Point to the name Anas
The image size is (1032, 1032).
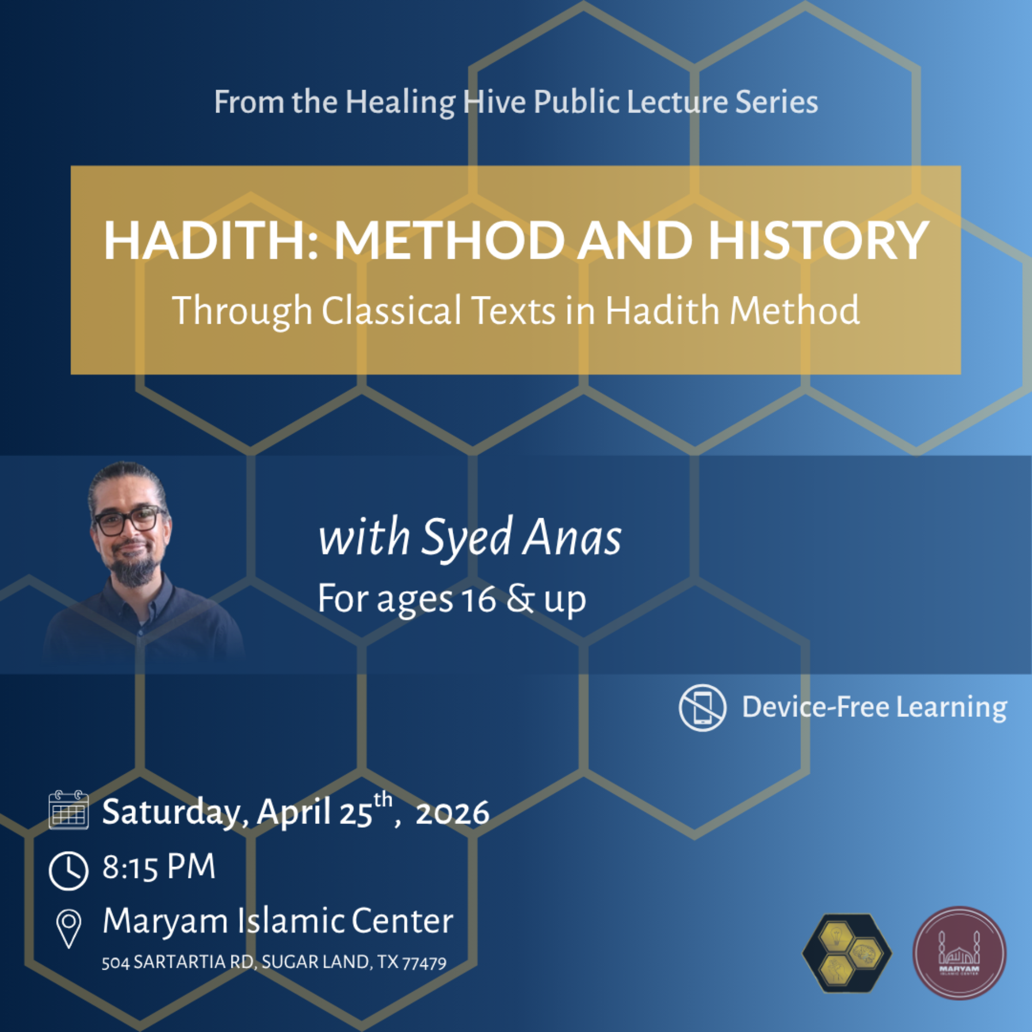[x=572, y=537]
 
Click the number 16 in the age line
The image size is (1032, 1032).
[x=478, y=600]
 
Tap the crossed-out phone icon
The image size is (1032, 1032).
[x=702, y=707]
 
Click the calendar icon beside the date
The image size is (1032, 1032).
[x=68, y=810]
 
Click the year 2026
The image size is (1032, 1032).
[x=452, y=813]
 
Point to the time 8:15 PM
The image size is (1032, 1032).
[x=159, y=867]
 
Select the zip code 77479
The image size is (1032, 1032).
[x=424, y=963]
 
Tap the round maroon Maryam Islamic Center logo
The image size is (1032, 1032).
[x=959, y=953]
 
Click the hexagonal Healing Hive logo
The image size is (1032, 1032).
[x=847, y=953]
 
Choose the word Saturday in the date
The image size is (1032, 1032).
[x=170, y=812]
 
